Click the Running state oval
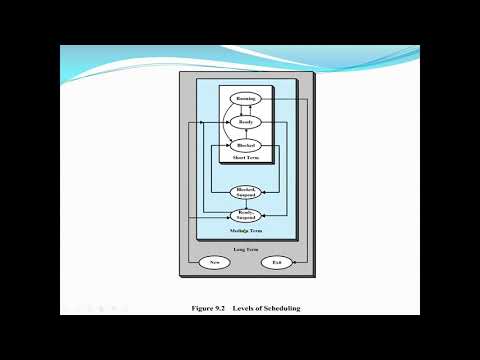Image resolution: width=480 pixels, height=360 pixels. (x=245, y=99)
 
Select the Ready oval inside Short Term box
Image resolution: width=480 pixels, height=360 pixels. (x=245, y=122)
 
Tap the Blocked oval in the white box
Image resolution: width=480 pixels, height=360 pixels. (x=245, y=145)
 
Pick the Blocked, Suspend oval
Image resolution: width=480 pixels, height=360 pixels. (x=245, y=191)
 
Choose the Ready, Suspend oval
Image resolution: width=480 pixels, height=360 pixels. (x=245, y=214)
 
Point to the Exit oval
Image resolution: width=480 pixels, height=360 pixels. (x=277, y=263)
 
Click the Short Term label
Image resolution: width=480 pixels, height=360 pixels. (x=245, y=157)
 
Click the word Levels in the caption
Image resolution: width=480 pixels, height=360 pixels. (x=243, y=308)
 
